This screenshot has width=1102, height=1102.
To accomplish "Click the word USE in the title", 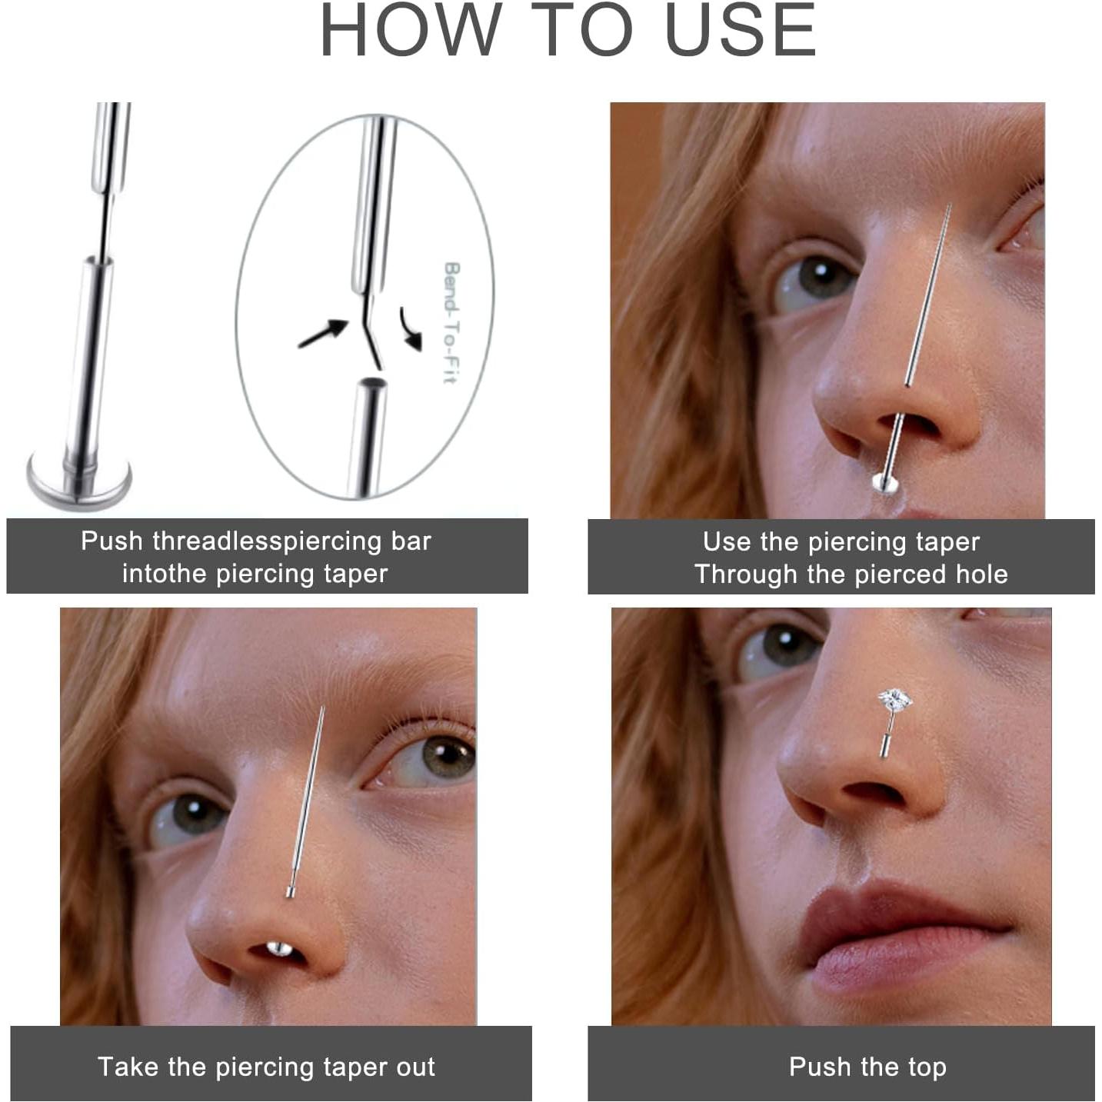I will pyautogui.click(x=739, y=31).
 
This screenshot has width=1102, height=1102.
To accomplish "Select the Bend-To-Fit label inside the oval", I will pyautogui.click(x=451, y=322).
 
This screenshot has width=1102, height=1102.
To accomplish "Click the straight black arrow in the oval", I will pyautogui.click(x=322, y=334).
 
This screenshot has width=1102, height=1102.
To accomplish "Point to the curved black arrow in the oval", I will pyautogui.click(x=411, y=328).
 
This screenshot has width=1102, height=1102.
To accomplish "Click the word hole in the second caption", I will pyautogui.click(x=981, y=574).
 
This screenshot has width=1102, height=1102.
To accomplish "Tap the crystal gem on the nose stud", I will pyautogui.click(x=895, y=701).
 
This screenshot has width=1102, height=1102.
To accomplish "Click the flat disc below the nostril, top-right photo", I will pyautogui.click(x=884, y=483).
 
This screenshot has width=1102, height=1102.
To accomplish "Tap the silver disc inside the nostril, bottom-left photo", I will pyautogui.click(x=278, y=950).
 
